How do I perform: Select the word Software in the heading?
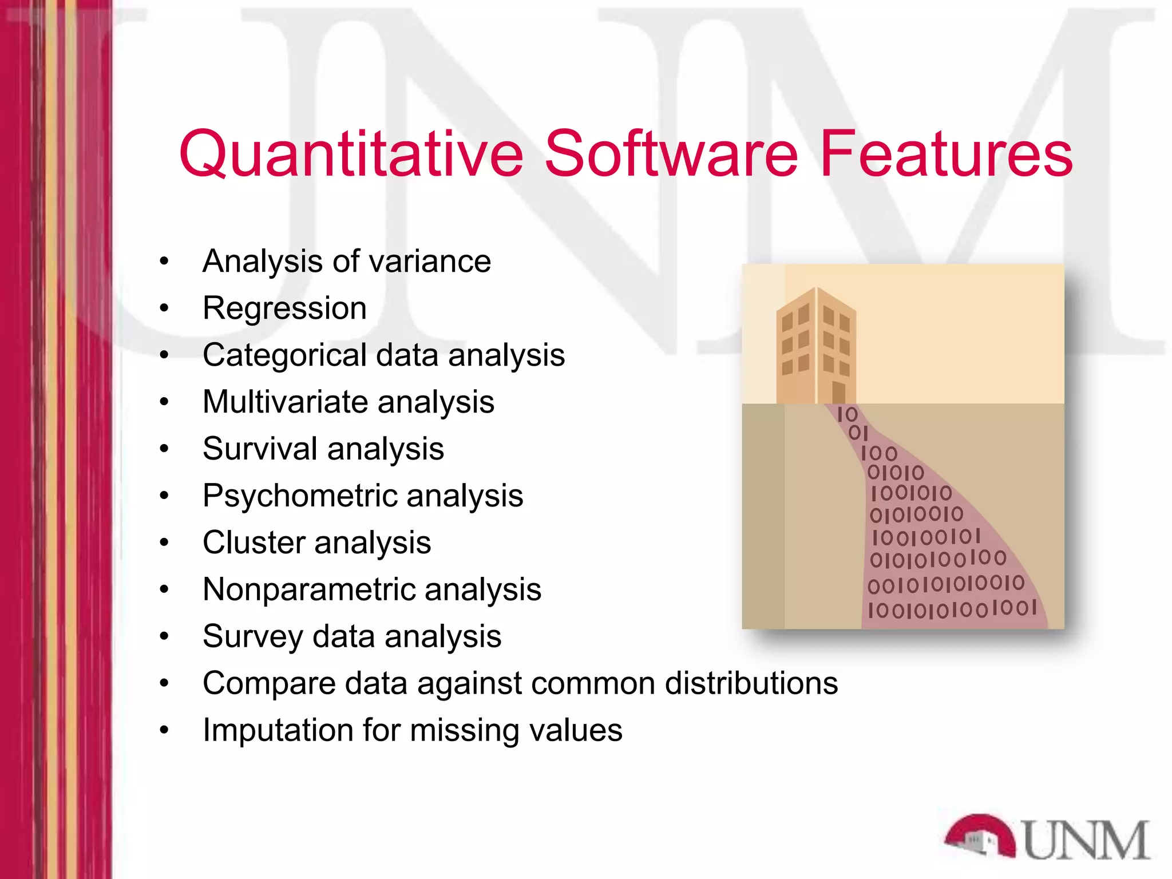[671, 153]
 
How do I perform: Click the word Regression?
[284, 308]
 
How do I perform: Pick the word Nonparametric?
[307, 589]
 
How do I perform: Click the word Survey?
[252, 636]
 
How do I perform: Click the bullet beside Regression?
[164, 308]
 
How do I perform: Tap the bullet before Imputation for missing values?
[164, 730]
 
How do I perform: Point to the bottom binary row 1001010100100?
[952, 608]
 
